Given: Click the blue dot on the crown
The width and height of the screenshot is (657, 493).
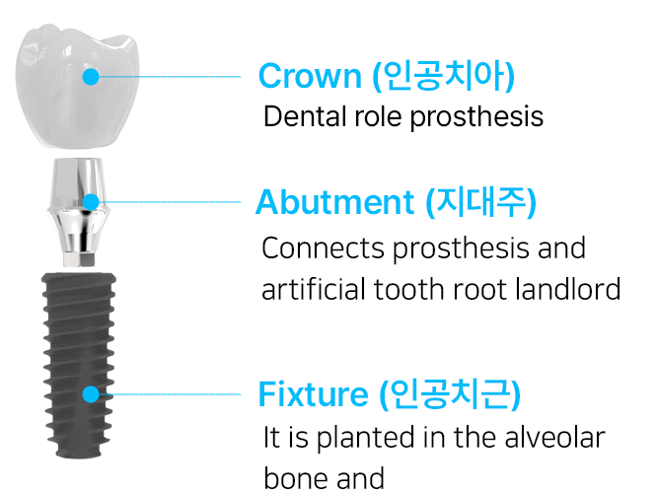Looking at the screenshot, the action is point(91,77).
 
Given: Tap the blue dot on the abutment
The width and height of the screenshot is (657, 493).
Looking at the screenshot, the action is point(91,202).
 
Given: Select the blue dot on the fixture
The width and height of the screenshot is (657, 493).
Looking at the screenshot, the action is point(91,394).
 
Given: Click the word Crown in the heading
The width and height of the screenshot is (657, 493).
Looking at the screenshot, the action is point(310,76).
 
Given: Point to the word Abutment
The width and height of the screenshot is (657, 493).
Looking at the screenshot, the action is point(335,202).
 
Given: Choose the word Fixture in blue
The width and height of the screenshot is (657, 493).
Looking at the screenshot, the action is point(314,394).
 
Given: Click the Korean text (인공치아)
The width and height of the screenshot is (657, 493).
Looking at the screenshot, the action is point(444,76).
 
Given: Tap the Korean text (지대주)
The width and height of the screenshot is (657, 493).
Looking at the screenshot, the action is point(481,202).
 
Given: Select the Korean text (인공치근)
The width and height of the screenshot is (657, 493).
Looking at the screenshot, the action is point(450,394).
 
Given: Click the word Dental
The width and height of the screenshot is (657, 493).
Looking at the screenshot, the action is point(305,116).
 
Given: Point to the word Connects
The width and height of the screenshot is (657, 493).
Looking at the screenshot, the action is point(323,247).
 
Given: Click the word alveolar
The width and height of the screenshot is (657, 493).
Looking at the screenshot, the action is point(555,438).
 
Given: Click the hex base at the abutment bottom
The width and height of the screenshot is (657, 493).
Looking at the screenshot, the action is point(79,259).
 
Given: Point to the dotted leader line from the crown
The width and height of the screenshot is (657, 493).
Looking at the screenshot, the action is point(170,77).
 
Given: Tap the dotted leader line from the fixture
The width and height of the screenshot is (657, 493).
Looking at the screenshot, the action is point(170,394).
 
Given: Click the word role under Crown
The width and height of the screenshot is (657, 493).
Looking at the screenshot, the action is point(378,116).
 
